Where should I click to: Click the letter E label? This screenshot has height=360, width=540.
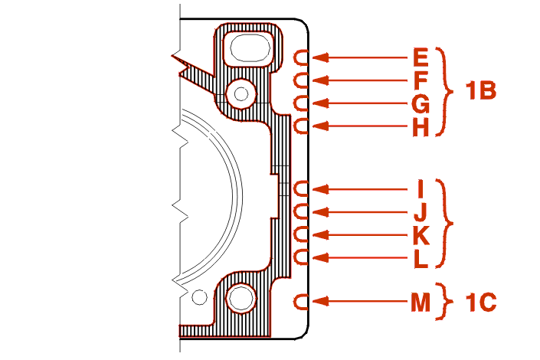(x=421, y=57)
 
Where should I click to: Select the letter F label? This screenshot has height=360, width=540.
(x=421, y=80)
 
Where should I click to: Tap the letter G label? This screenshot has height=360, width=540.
(x=421, y=103)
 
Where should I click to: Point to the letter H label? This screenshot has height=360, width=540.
(x=421, y=126)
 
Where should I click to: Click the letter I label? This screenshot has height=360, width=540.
(x=421, y=188)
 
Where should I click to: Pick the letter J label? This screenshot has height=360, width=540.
(x=421, y=211)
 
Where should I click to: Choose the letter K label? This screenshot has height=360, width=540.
(x=421, y=234)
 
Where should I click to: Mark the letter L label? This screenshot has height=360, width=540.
(x=421, y=258)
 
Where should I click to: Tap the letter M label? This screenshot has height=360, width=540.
(x=421, y=302)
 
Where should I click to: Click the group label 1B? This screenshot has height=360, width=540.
(x=481, y=91)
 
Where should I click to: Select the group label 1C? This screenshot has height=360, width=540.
(x=481, y=302)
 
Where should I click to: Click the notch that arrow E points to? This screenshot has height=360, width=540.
(x=302, y=57)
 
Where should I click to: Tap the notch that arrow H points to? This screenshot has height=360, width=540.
(x=302, y=126)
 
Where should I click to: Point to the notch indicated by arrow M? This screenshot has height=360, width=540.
(x=302, y=302)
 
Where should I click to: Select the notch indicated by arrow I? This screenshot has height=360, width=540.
(x=302, y=188)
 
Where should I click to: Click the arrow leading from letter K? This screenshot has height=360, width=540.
(x=360, y=234)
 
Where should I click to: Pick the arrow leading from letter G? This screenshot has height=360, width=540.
(x=360, y=103)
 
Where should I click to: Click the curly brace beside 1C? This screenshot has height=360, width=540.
(x=448, y=302)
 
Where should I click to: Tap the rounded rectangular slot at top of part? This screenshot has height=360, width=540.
(x=247, y=48)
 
